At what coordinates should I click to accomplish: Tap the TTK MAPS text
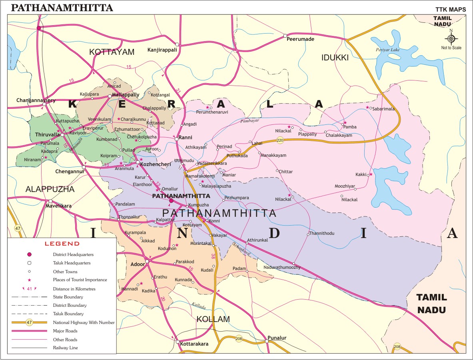click(450, 9)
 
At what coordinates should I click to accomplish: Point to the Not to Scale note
click(451, 48)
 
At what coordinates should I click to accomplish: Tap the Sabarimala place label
click(383, 108)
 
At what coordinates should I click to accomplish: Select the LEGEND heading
click(62, 244)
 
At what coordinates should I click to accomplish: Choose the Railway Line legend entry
click(65, 348)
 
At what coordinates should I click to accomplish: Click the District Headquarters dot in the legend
click(29, 254)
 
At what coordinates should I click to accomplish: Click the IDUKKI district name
click(335, 58)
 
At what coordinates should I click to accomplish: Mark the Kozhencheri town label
click(156, 164)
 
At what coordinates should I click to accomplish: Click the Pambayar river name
click(250, 120)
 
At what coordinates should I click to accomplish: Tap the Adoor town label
click(138, 264)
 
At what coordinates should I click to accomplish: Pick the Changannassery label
click(36, 100)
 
